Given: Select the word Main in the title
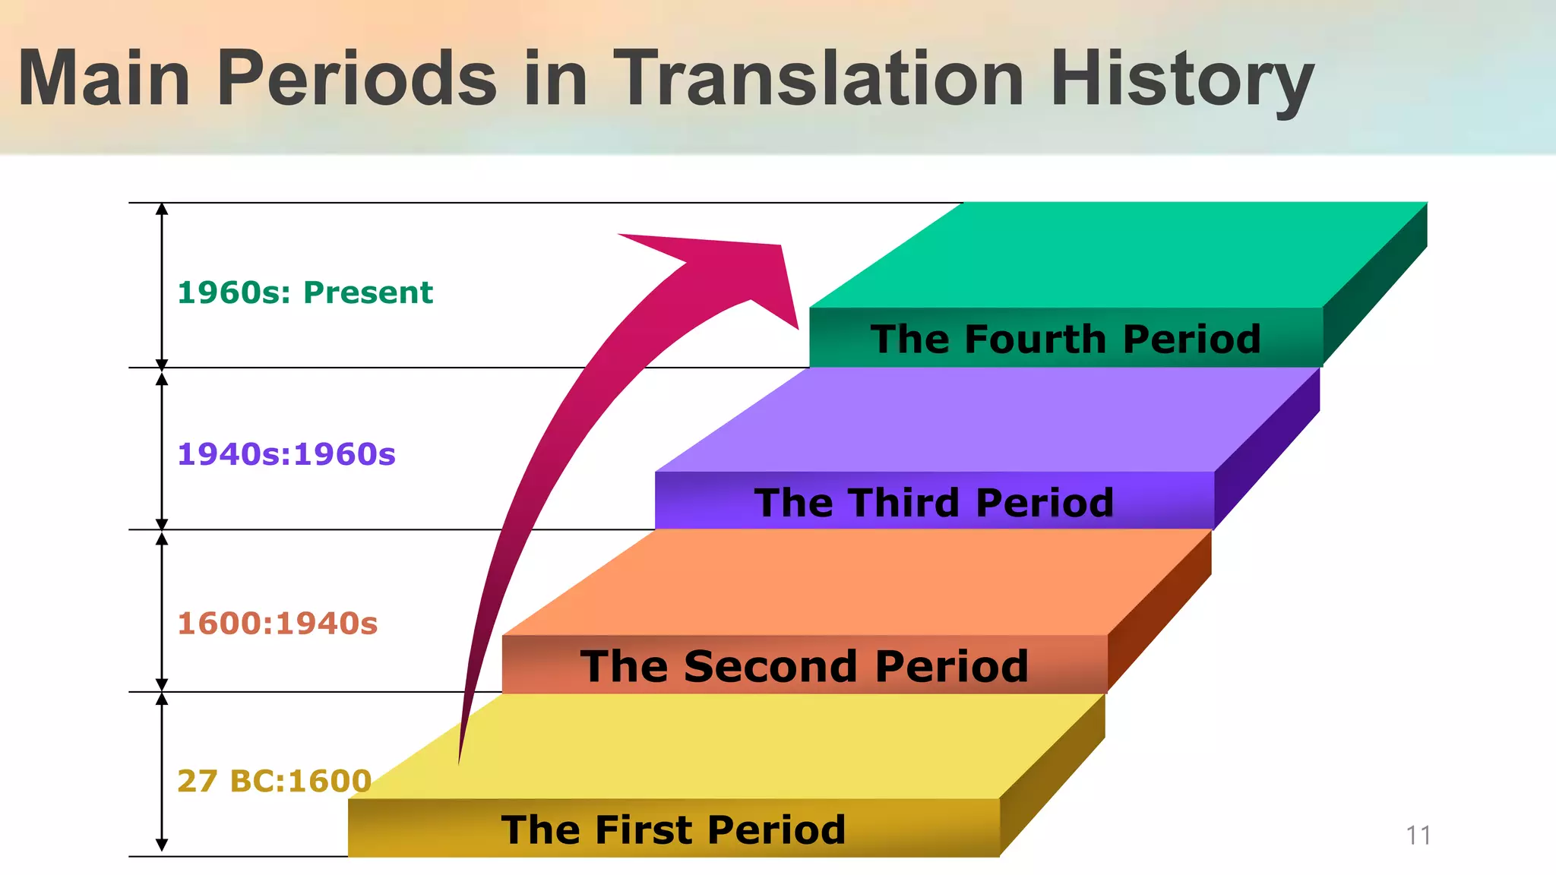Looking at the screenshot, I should coord(104,77).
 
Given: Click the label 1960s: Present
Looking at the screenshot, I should coord(305,292).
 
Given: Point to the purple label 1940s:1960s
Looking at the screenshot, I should coord(286,454).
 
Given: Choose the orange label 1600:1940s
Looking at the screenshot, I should coord(277,624).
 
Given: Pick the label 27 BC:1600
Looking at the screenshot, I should coord(274,781).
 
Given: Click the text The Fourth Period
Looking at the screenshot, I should coord(1065,339).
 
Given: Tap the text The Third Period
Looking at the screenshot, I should coord(934,503).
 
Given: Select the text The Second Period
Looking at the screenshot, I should coord(804,666).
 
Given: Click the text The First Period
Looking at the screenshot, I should coord(673,829).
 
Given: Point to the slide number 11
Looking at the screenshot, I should coord(1418,836).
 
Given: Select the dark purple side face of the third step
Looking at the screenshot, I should coord(1267,448).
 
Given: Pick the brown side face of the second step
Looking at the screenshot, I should coord(1159,611).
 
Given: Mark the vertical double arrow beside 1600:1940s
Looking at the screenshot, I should coord(162,611).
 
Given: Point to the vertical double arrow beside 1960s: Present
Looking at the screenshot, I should coord(162,286).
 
